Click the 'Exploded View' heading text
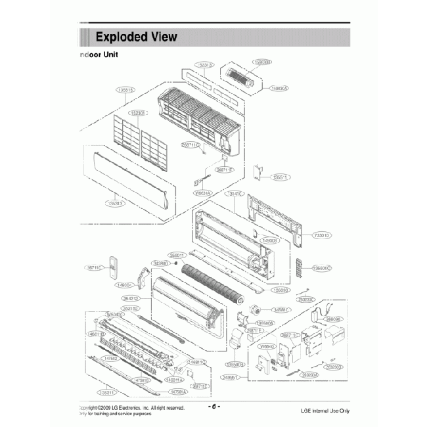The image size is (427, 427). tap(136, 36)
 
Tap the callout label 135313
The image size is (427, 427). tap(116, 204)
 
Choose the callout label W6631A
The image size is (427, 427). tap(202, 194)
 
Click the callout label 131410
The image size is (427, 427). tap(235, 194)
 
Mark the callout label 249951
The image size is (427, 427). tap(229, 378)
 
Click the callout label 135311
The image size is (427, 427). tap(107, 392)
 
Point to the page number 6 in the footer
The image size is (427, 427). tap(213, 407)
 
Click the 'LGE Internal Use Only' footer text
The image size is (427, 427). tap(325, 411)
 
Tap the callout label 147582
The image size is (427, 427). tap(112, 358)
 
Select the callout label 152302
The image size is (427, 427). tap(139, 112)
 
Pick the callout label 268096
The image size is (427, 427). tap(334, 319)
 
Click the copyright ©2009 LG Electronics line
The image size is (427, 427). tap(131, 408)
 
